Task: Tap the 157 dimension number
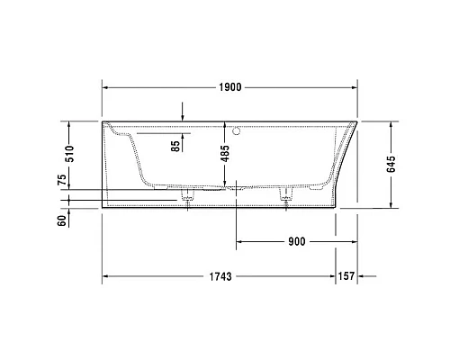(347, 275)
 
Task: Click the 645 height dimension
(391, 163)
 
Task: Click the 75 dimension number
(61, 181)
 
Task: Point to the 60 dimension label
(61, 219)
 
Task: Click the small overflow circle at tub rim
(237, 132)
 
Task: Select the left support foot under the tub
(188, 194)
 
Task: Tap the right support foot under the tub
(289, 194)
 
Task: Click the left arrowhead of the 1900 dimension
(104, 89)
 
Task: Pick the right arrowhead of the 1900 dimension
(355, 89)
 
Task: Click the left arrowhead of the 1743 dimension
(104, 275)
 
